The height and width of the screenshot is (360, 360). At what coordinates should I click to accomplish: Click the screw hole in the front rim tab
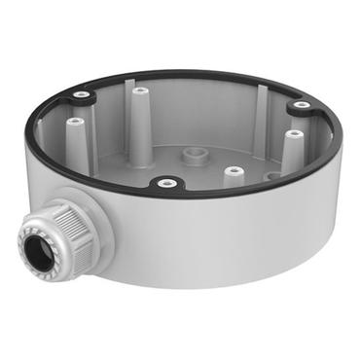[x=165, y=181]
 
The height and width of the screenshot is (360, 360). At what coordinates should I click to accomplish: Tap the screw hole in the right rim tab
[x=302, y=105]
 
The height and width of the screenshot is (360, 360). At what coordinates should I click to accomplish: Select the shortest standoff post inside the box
[x=232, y=176]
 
